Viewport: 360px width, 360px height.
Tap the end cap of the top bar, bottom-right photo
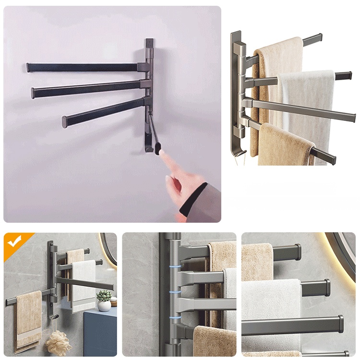coord(298,252)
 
